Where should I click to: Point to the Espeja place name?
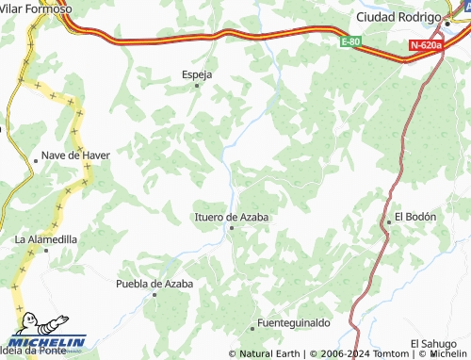tap(197, 74)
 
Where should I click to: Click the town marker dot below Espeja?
tap(197, 86)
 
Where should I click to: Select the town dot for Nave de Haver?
tap(36, 159)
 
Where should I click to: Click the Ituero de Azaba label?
tap(231, 217)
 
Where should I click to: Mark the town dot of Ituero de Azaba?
tap(231, 227)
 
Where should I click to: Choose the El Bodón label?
tap(415, 217)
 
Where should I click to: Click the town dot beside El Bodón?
tap(388, 222)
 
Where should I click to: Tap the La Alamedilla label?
tap(46, 239)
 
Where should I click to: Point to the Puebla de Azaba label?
tap(154, 283)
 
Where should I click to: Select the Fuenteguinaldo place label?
tap(295, 323)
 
